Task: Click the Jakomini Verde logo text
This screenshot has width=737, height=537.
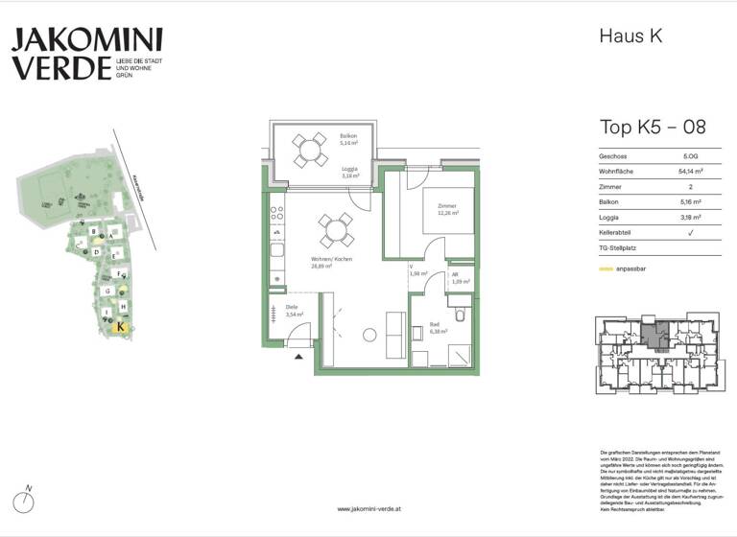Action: pos(86,54)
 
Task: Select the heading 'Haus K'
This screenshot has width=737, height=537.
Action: pos(630,37)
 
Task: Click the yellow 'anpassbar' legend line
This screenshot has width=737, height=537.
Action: pos(606,269)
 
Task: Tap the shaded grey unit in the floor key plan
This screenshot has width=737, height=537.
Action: pos(656,336)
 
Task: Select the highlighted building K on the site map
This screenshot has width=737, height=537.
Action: pos(120,327)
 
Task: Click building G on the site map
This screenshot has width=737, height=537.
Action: pos(107,291)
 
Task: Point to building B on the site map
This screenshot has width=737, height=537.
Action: pos(92,231)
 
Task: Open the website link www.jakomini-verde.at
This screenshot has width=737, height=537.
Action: pos(368,509)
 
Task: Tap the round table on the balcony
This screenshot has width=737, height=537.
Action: pos(309,149)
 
